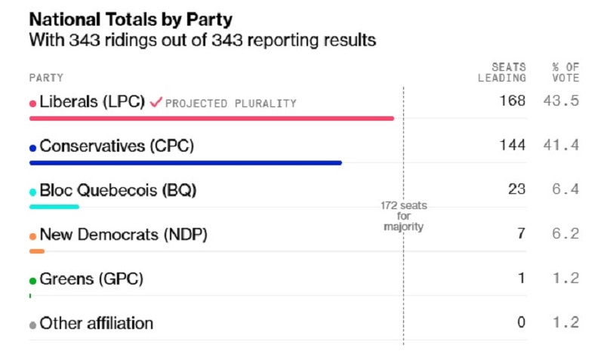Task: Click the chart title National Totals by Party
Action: pyautogui.click(x=131, y=19)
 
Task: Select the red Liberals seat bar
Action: pyautogui.click(x=211, y=118)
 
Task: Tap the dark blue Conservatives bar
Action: pyautogui.click(x=185, y=162)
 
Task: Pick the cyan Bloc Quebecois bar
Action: pyautogui.click(x=54, y=206)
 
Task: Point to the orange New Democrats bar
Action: pyautogui.click(x=37, y=251)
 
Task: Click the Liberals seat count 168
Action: pyautogui.click(x=512, y=101)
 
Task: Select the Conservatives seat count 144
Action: pyautogui.click(x=512, y=146)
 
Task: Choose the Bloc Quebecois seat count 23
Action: pyautogui.click(x=516, y=189)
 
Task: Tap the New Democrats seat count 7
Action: pyautogui.click(x=521, y=234)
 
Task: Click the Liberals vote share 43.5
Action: pyautogui.click(x=561, y=101)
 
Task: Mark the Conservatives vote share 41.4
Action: pyautogui.click(x=561, y=146)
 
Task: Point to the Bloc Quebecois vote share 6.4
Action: pyautogui.click(x=565, y=189)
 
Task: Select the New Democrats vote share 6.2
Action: pyautogui.click(x=565, y=234)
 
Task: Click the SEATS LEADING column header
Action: pyautogui.click(x=502, y=72)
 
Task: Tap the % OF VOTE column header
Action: pyautogui.click(x=565, y=72)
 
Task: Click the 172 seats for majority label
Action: pyautogui.click(x=403, y=217)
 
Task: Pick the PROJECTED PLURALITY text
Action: pyautogui.click(x=231, y=103)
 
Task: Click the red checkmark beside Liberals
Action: pyautogui.click(x=156, y=102)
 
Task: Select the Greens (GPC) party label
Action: pyautogui.click(x=91, y=279)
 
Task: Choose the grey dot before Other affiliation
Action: pyautogui.click(x=32, y=325)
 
